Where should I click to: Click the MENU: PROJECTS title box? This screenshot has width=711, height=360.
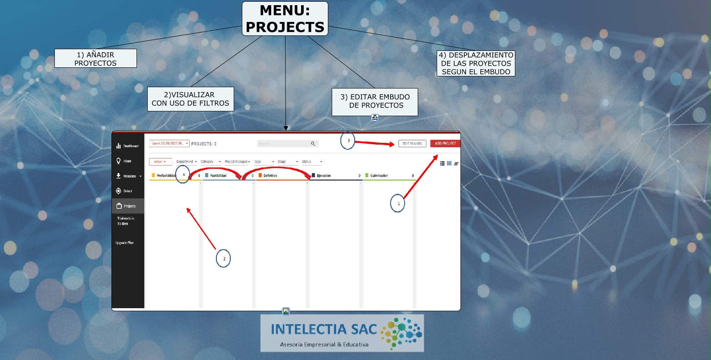[285, 19]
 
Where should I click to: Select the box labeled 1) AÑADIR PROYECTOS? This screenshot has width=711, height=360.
[95, 58]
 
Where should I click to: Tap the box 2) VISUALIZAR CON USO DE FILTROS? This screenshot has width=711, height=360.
[190, 99]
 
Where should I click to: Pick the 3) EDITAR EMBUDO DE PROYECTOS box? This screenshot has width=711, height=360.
[375, 101]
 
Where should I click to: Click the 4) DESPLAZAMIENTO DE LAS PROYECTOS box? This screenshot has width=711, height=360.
[476, 63]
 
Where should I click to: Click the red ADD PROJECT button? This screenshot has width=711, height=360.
[445, 143]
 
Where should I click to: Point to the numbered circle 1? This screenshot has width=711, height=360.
[397, 203]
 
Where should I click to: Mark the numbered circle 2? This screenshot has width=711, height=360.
[223, 259]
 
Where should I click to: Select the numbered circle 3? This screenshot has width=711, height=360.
[348, 141]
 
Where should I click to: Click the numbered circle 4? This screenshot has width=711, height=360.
[183, 174]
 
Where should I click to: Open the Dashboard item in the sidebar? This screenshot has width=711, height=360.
[128, 146]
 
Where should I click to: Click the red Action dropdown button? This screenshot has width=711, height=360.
[160, 162]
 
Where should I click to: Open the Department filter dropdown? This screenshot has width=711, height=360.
[186, 162]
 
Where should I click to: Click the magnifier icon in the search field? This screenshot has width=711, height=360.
[313, 144]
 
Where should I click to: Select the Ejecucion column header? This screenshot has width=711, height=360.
[324, 176]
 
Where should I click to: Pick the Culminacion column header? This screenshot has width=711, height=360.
[379, 176]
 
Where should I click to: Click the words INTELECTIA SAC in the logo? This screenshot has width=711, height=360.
[324, 329]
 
